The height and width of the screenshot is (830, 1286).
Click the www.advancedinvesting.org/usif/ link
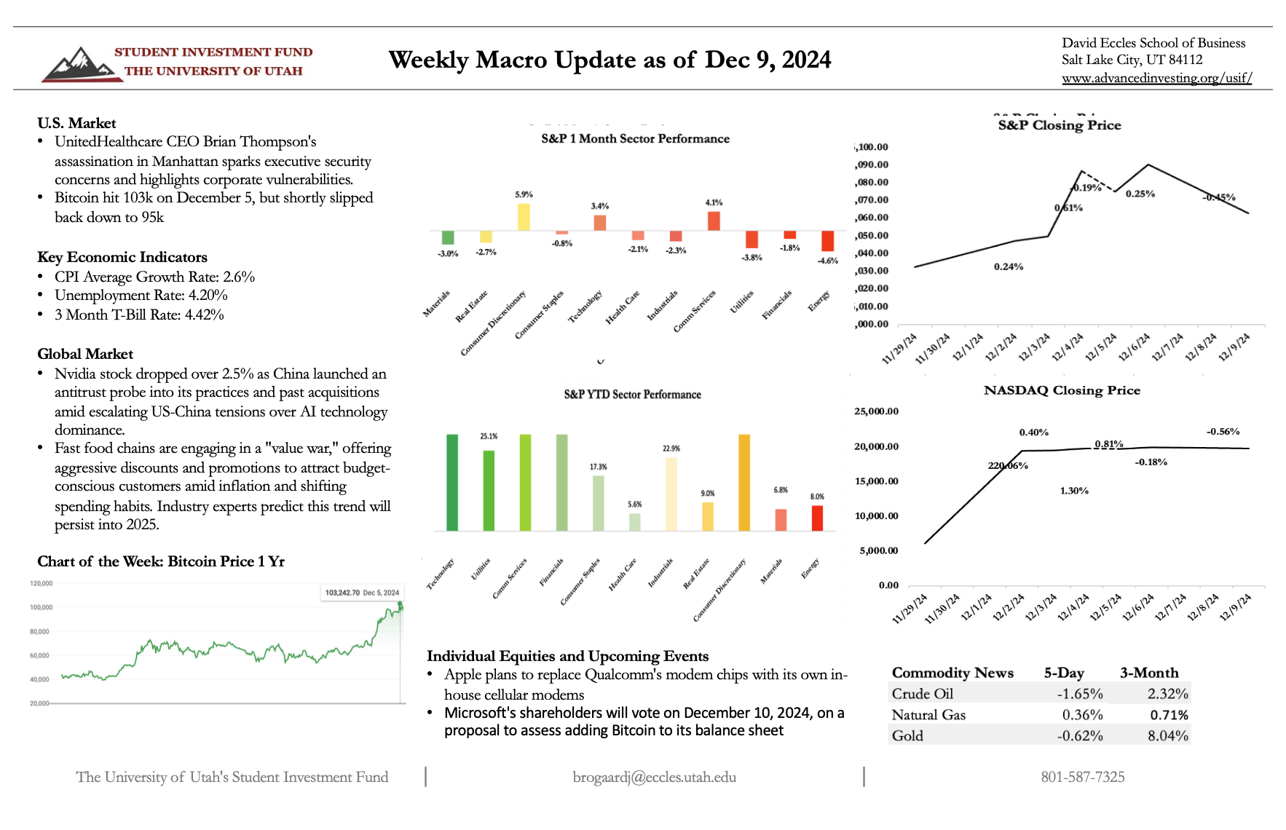pos(1156,78)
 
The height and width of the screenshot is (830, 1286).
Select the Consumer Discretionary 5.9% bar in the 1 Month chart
pos(524,217)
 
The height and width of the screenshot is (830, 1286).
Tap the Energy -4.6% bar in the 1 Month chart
pos(827,241)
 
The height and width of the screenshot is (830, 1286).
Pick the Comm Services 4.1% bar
pos(714,221)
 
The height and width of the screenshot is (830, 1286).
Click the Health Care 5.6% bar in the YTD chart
pos(634,522)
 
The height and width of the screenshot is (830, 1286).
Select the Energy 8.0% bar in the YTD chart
pos(817,518)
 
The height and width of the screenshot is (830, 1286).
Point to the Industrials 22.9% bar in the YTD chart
pos(671,494)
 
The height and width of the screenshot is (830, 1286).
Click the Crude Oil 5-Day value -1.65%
pos(1080,694)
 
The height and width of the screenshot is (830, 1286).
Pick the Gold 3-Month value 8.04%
pos(1167,736)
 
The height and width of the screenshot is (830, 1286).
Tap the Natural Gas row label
pos(928,715)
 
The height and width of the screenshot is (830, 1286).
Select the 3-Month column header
pos(1149,673)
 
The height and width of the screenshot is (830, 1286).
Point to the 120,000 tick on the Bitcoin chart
pos(41,583)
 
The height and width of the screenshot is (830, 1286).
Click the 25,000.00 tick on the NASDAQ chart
pos(876,411)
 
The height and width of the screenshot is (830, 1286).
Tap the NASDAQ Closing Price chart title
pos(1062,390)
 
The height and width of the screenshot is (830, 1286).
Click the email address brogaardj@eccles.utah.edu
pos(654,778)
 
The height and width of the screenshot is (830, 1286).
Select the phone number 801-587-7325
pos(1082,778)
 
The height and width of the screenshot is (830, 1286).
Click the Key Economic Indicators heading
pos(122,257)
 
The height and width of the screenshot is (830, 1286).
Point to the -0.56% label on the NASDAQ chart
pos(1223,432)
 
